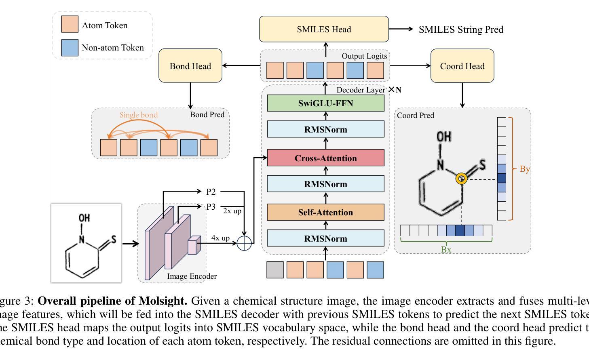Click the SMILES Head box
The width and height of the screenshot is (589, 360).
coord(324,29)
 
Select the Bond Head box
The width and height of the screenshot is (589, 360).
coord(190,66)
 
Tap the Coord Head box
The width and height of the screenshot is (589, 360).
coord(462,66)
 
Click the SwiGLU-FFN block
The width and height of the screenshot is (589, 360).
coord(325,103)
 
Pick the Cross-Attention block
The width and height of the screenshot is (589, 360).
coord(325,158)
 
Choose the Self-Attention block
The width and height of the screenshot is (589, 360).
coord(325,212)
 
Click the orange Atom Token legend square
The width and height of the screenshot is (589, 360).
coord(70,24)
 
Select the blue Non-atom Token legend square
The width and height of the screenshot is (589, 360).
coord(70,47)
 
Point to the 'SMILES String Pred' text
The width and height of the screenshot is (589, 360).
coord(461,29)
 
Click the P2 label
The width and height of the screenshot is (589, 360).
coord(211,192)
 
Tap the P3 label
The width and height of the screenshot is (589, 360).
coord(211,207)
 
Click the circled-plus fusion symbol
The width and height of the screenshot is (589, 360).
coord(244,243)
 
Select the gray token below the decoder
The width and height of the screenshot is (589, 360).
coord(275,270)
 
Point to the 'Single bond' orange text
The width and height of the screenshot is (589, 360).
coord(138,115)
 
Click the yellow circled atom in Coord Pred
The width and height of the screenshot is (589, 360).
coord(461,179)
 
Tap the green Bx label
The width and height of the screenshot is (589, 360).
coord(446,250)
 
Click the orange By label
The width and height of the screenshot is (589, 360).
coord(524,169)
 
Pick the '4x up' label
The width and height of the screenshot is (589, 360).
coord(220,238)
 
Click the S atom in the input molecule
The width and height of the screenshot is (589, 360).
coord(114,240)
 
